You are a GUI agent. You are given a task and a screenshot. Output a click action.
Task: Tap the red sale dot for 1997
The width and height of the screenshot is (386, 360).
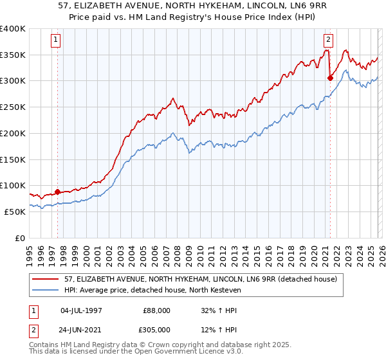click(57, 192)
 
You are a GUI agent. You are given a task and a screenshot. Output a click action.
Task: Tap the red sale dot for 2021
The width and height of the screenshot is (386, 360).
click(330, 78)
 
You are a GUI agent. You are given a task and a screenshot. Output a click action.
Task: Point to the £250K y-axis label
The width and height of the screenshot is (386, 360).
click(13, 107)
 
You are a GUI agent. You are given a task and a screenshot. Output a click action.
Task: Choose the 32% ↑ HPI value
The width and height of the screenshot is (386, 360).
click(219, 310)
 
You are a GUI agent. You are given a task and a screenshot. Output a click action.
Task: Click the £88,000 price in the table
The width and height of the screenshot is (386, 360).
click(154, 310)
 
